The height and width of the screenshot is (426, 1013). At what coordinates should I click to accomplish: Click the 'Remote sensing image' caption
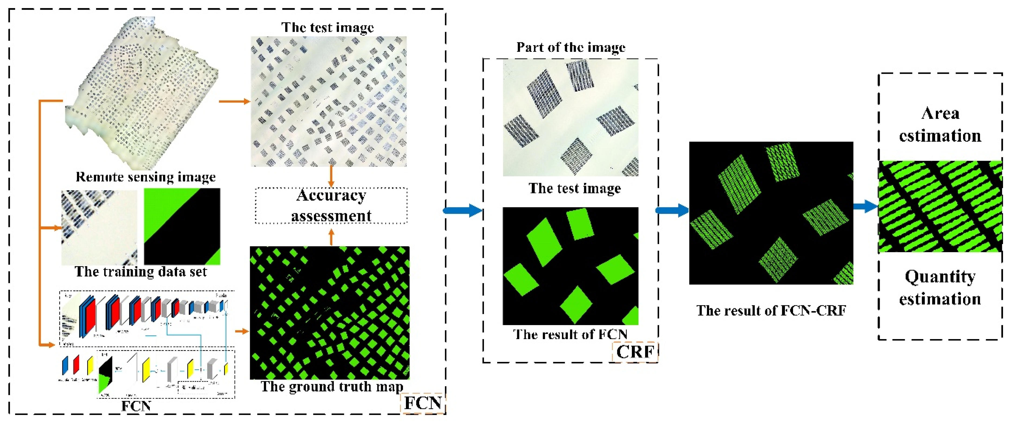[x=145, y=177]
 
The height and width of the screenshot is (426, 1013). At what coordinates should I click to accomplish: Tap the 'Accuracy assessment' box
[x=331, y=206]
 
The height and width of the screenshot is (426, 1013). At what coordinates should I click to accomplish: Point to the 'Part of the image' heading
[x=571, y=48]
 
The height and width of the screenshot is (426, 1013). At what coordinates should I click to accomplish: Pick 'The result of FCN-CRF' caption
[x=771, y=311]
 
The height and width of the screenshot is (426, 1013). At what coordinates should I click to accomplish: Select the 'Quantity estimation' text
[x=940, y=288]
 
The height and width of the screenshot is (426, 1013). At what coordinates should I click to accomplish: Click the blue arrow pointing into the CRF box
[x=463, y=211]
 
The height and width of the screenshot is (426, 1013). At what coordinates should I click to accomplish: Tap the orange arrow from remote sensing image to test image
[x=234, y=102]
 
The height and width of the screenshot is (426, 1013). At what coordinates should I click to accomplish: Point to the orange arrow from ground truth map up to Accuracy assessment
[x=331, y=237]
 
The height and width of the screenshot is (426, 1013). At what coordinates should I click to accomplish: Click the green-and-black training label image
[x=182, y=226]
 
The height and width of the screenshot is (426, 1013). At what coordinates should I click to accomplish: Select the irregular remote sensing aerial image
[x=141, y=92]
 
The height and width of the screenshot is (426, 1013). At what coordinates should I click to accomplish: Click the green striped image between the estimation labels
[x=940, y=207]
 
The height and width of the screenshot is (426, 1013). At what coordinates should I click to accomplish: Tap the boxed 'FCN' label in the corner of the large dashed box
[x=423, y=403]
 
